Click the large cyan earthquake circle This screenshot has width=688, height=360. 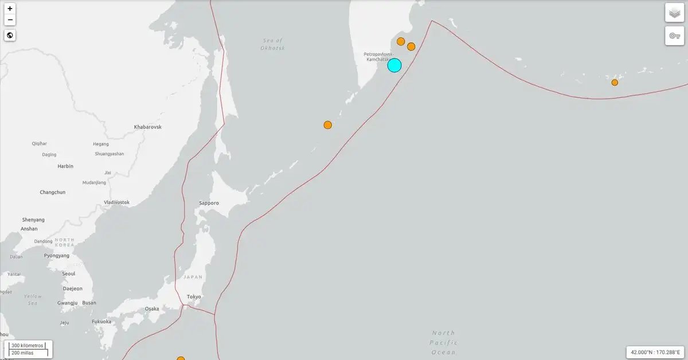tap(394, 65)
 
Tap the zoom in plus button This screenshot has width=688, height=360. tap(10, 9)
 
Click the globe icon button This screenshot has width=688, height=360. tap(10, 36)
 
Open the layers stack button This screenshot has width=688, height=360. tap(674, 13)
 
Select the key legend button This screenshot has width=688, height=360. tap(674, 36)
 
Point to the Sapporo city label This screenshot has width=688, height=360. tap(209, 203)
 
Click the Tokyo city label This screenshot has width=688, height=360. tap(194, 296)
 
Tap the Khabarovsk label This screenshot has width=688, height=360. tap(147, 127)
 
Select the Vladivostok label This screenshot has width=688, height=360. tap(116, 202)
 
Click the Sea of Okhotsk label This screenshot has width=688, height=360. tap(273, 44)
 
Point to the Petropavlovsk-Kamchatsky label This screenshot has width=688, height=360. tap(378, 57)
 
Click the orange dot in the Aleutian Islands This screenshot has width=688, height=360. tap(615, 83)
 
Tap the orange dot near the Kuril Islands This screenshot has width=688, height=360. tap(327, 125)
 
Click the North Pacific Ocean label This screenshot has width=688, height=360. tap(444, 342)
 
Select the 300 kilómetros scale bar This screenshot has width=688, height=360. tap(28, 346)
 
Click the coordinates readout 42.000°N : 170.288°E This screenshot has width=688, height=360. tap(655, 352)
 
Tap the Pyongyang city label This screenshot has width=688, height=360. tap(57, 256)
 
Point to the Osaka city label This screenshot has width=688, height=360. tap(152, 308)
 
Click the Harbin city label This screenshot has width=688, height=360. tap(65, 166)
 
